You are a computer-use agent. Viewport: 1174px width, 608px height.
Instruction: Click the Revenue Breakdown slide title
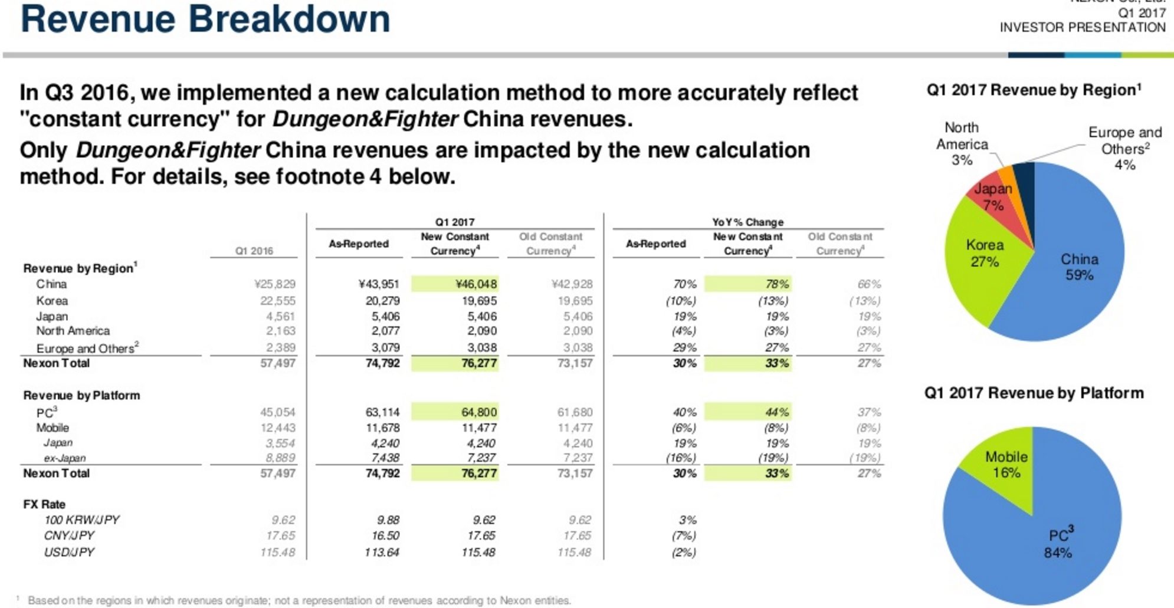coord(205,19)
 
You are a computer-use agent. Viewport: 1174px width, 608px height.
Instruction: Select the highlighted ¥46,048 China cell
coord(455,284)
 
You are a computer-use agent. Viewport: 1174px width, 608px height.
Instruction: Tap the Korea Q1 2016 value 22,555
coord(278,301)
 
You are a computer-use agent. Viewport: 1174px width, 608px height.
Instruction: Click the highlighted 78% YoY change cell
coord(748,284)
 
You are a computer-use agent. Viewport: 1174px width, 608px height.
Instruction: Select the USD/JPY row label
coord(69,553)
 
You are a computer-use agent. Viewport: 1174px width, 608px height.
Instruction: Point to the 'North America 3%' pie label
coord(962,144)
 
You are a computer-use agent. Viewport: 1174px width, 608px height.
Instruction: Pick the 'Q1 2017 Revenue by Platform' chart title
coord(1034,393)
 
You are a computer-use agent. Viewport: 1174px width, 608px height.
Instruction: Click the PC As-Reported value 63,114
coord(382,412)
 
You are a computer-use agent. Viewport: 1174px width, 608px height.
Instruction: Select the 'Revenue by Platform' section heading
coord(81,396)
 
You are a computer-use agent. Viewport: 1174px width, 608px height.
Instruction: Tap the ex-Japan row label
coord(64,458)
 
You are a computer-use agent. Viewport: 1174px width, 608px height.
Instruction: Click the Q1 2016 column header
coord(254,251)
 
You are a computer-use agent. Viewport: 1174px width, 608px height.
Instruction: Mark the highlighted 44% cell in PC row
coord(748,412)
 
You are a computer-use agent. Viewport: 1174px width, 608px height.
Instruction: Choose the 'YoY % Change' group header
coord(747,222)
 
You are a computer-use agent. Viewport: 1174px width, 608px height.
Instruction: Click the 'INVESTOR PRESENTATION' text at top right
coord(1082,28)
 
